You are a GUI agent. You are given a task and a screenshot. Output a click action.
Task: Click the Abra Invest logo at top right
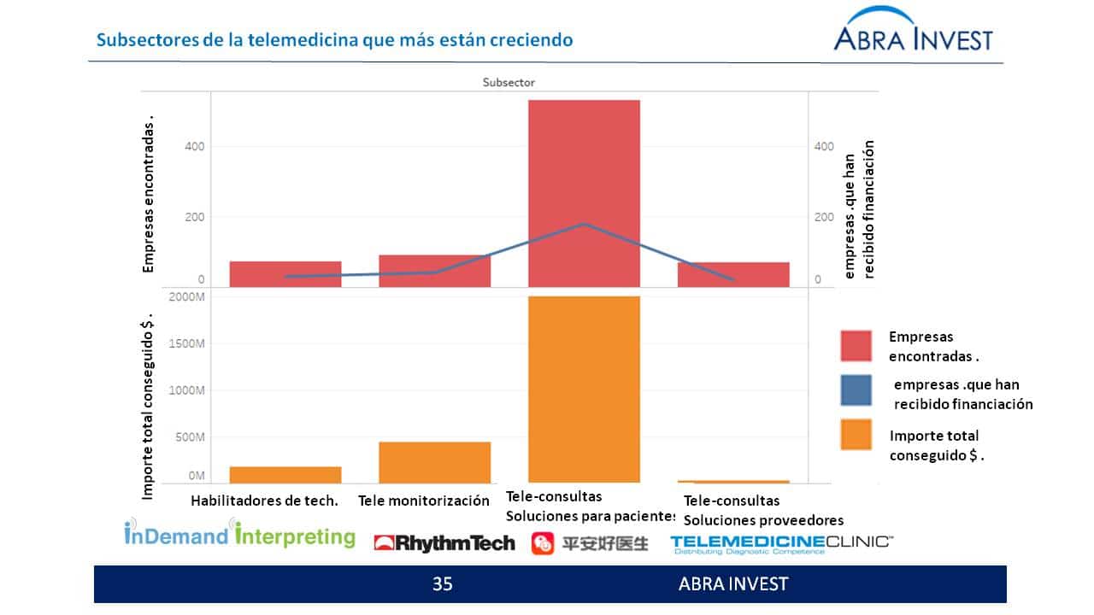click(913, 32)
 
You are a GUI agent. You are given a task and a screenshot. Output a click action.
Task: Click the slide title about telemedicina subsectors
click(334, 40)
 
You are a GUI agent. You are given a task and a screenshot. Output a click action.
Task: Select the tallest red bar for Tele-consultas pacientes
click(584, 193)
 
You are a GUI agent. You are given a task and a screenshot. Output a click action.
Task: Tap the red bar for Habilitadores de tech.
click(285, 273)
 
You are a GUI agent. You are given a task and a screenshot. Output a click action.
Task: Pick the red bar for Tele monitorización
click(434, 270)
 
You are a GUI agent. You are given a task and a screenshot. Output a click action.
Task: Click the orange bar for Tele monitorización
click(434, 462)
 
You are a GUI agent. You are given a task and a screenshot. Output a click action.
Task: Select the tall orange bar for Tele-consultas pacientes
click(584, 389)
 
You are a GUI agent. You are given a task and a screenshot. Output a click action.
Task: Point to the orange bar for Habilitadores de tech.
click(285, 475)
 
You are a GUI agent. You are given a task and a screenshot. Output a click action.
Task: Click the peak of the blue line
click(584, 224)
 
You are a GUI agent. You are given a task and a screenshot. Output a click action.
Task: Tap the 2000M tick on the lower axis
click(187, 297)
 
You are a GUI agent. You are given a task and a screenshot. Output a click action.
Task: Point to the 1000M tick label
click(187, 390)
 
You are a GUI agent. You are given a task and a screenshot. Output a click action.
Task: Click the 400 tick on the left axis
click(195, 147)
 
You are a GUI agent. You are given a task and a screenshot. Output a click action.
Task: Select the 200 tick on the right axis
click(824, 217)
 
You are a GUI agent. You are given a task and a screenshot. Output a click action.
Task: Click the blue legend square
click(856, 390)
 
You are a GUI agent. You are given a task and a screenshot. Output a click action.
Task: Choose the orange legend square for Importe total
click(856, 435)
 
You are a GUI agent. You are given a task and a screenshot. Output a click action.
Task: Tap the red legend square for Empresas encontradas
click(856, 346)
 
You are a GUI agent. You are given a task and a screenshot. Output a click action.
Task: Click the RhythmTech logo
click(444, 543)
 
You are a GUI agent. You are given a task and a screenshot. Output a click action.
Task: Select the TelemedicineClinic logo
click(781, 544)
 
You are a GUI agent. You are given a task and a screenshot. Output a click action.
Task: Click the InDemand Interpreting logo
click(239, 535)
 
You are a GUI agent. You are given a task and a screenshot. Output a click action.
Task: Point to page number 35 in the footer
click(442, 584)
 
